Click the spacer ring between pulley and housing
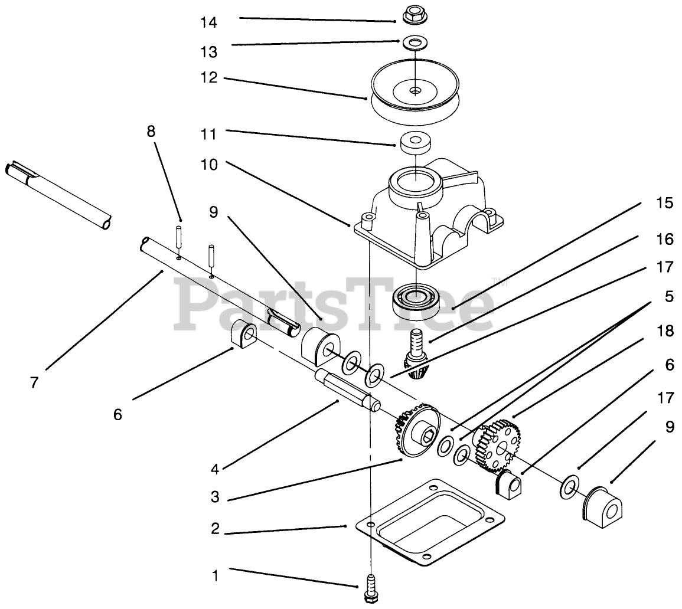coord(415,142)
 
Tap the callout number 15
coord(664,204)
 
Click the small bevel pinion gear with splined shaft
coord(417,356)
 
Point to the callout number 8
coord(151,131)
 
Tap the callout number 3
coord(215,497)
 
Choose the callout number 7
coord(34,382)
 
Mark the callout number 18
coord(665,331)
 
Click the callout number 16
coord(664,239)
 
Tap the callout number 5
coord(668,296)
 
